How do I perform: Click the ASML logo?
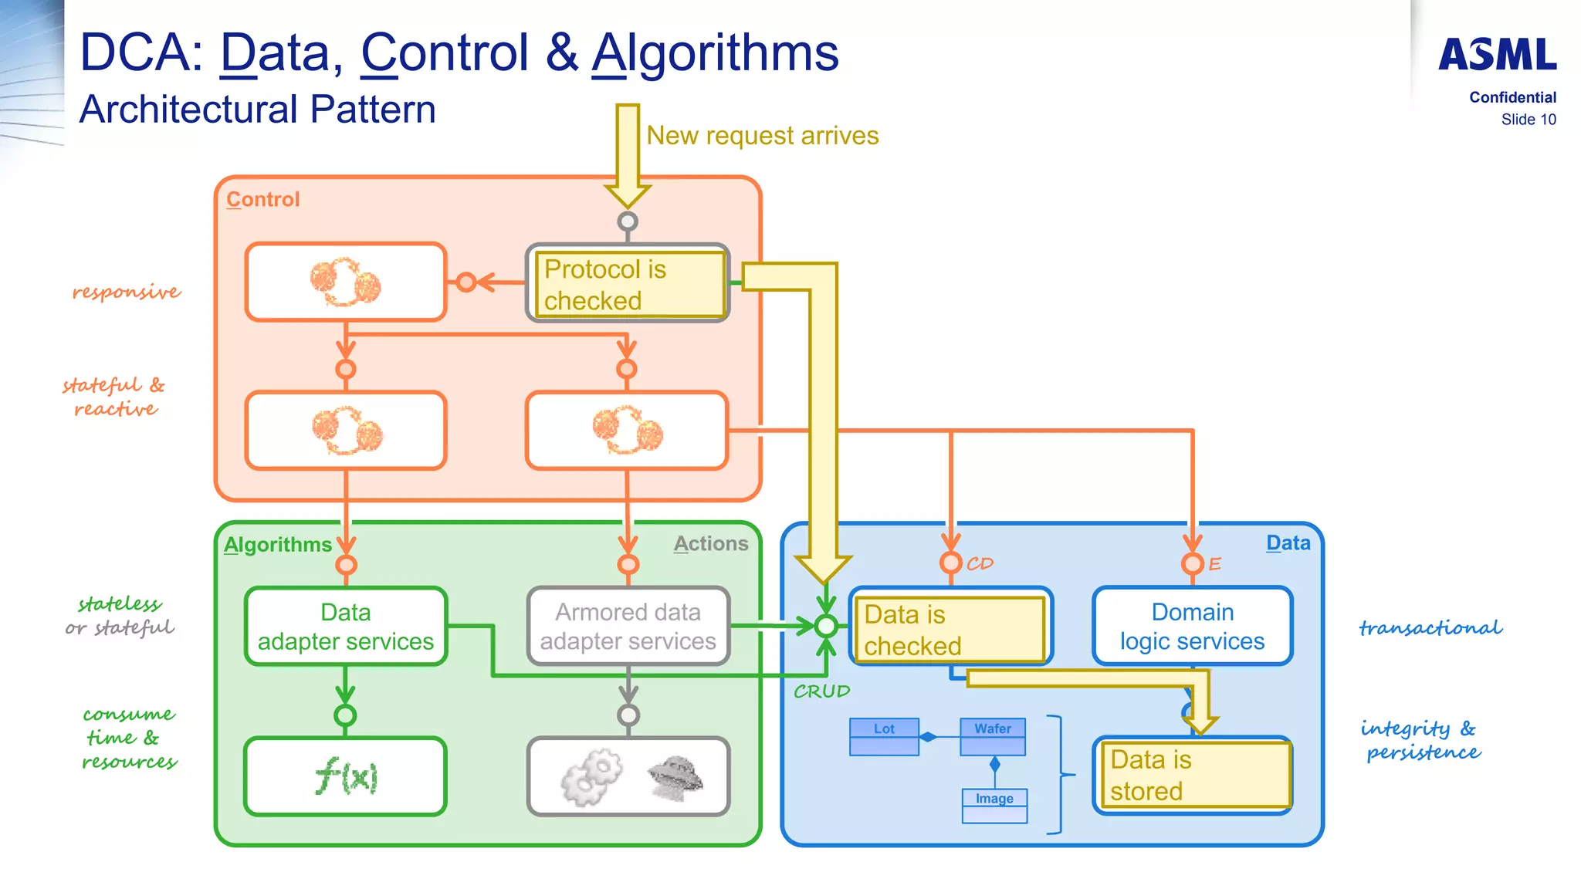coord(1497,55)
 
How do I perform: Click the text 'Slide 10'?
coord(1528,120)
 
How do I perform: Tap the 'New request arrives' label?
coord(762,136)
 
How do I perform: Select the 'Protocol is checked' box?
coord(628,284)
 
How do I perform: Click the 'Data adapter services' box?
coord(346,627)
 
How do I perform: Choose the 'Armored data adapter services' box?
coord(628,627)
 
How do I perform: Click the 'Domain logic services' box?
coord(1192,627)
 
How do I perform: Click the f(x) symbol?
coord(346,776)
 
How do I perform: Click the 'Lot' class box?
coord(884,736)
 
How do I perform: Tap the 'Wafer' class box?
coord(993,736)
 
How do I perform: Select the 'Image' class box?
coord(994,806)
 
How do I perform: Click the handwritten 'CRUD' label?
coord(821,691)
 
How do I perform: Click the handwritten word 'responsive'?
coord(127,292)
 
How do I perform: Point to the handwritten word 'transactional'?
coord(1430,628)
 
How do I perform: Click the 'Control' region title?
coord(262,200)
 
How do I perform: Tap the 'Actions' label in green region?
coord(710,544)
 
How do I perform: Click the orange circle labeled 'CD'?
coord(951,563)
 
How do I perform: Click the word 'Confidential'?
coord(1512,97)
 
